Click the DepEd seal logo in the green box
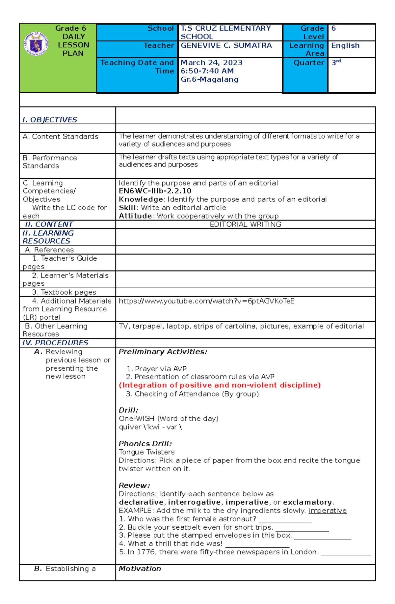tap(36, 43)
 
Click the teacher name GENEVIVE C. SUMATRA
tap(226, 45)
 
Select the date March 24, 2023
tap(212, 63)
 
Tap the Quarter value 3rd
tap(336, 62)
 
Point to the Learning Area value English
tap(345, 45)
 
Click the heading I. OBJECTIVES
tap(50, 120)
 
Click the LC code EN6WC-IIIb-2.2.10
tap(155, 191)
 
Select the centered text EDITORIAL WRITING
tap(245, 224)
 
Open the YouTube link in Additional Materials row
tap(206, 301)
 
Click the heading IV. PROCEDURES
tap(55, 343)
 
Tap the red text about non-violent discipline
tap(220, 385)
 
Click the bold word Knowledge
tap(141, 199)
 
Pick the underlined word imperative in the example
tap(327, 511)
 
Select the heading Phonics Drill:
tap(145, 443)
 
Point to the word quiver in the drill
tap(130, 427)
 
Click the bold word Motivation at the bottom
tap(140, 568)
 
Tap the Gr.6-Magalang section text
tap(209, 79)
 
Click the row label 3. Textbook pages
tap(64, 292)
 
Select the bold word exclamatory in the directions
tap(307, 502)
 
